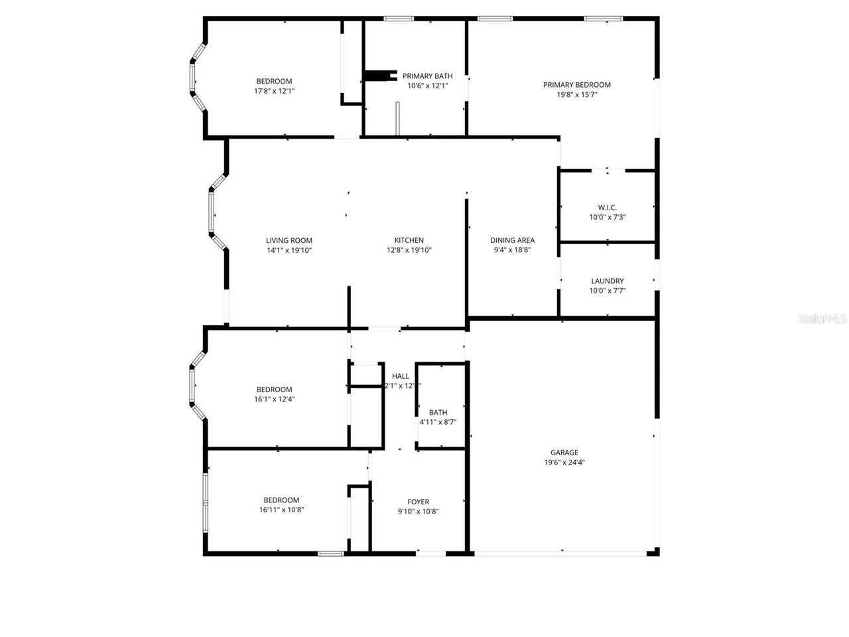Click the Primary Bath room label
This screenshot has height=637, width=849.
coord(427,76)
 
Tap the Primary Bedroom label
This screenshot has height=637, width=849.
coord(576,84)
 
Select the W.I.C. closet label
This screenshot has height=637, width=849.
coord(607,207)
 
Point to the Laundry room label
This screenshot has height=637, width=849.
coord(607,281)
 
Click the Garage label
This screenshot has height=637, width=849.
coord(564,453)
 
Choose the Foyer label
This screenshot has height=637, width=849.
coord(418,502)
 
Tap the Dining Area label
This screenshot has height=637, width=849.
coord(512,240)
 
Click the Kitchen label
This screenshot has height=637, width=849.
coord(409,240)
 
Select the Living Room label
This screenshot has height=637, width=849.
coord(289,240)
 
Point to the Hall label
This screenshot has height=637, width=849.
coord(401,376)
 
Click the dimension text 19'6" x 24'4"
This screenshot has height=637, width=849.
coord(564,462)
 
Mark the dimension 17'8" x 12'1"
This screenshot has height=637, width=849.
coord(274,91)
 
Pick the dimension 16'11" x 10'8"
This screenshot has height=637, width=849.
coord(281,510)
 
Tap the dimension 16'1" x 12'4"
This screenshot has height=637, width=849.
coord(274,399)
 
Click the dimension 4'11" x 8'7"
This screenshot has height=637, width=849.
coord(438,422)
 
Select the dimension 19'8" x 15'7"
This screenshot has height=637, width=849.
coord(576,94)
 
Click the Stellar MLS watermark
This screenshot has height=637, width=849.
coord(822,319)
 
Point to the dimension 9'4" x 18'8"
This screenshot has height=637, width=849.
coord(512,250)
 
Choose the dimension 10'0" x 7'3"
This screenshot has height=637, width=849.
coord(607,217)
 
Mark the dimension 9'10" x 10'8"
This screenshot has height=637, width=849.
coord(418,512)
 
